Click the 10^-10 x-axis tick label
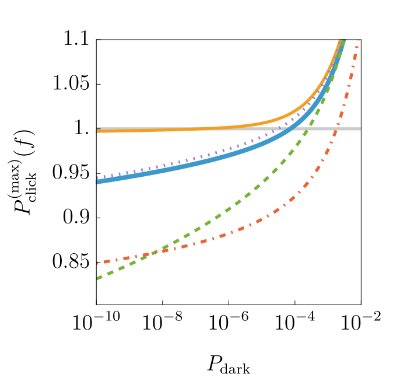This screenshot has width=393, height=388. (x=96, y=321)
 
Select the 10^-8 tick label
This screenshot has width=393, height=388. (x=162, y=321)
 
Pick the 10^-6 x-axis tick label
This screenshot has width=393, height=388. (x=229, y=321)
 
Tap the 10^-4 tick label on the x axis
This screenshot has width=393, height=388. (x=294, y=321)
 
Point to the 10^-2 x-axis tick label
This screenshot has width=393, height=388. (x=361, y=321)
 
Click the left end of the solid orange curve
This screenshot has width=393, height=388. (x=97, y=131)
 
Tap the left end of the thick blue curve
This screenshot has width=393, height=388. (x=97, y=182)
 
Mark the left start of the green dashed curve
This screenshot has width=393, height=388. (x=97, y=279)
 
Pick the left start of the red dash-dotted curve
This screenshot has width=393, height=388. (x=97, y=263)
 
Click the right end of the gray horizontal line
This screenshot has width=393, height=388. (x=360, y=128)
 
